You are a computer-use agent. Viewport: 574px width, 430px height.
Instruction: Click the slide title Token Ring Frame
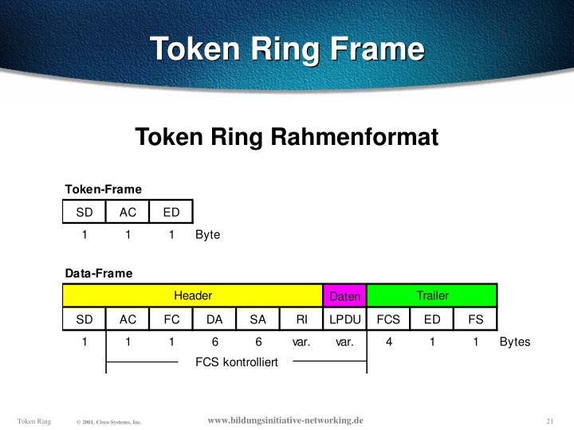[287, 49]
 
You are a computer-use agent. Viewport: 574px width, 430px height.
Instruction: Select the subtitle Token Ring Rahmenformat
[287, 137]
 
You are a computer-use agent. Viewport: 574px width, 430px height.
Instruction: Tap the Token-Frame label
[103, 189]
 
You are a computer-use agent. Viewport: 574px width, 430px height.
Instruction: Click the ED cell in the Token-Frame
[171, 212]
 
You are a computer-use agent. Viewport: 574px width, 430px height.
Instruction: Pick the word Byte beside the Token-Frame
[207, 235]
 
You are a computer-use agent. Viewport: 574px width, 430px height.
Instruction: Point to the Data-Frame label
[99, 273]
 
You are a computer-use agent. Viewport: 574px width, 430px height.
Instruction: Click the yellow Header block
[193, 295]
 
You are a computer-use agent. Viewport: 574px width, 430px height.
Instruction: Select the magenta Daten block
[345, 296]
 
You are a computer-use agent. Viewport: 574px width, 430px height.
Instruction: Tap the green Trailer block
[432, 295]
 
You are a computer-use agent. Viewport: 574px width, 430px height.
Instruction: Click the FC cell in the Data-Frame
[171, 319]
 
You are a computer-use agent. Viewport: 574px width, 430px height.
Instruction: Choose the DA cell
[214, 319]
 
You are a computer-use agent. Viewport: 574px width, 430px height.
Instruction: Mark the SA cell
[258, 319]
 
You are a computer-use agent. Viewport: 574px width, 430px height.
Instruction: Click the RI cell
[301, 319]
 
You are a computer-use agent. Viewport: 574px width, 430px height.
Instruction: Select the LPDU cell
[345, 319]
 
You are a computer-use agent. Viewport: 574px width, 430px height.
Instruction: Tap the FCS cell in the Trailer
[388, 319]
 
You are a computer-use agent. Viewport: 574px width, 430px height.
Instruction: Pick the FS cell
[475, 319]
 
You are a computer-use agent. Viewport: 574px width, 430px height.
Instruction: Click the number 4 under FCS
[388, 342]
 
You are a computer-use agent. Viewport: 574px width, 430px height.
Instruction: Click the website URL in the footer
[285, 420]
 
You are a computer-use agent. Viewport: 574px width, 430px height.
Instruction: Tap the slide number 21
[550, 420]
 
